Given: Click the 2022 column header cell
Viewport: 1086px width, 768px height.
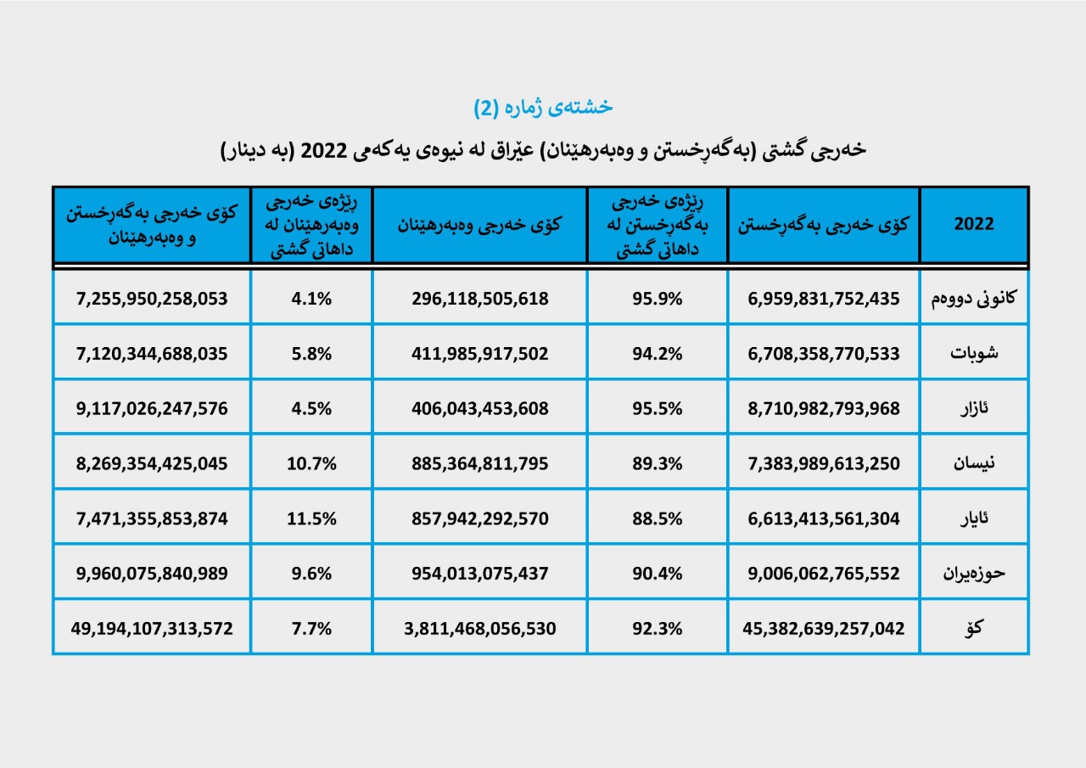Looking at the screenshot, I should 974,225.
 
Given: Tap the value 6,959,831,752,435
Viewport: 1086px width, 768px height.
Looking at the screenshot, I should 823,299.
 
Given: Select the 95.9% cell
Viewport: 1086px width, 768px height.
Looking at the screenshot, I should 657,299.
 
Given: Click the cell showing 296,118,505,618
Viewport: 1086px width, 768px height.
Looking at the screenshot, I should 480,299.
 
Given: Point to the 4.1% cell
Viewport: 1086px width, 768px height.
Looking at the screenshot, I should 311,299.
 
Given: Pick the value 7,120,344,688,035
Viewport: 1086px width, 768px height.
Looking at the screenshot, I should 152,354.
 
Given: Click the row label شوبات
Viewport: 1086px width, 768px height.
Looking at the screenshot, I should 975,354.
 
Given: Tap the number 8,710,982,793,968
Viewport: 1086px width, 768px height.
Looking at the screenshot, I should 823,408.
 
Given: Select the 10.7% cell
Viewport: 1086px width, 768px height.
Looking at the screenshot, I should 311,463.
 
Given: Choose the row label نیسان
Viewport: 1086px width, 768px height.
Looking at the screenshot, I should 975,463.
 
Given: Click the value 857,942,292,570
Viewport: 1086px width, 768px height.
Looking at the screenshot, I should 480,519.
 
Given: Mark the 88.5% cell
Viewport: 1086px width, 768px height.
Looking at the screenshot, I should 657,519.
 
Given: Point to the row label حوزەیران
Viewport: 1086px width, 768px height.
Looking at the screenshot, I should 974,574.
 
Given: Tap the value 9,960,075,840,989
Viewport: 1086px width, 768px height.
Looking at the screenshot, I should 152,574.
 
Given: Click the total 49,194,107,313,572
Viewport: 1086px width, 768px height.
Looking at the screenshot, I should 152,629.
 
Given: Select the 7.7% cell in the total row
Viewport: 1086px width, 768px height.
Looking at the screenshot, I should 311,629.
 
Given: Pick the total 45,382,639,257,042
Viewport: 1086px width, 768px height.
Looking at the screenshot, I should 823,629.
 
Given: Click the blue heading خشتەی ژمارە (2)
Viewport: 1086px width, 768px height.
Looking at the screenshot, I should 543,107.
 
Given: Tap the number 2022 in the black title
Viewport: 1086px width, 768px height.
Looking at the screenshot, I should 320,150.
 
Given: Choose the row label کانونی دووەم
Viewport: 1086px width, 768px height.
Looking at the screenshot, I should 974,299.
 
